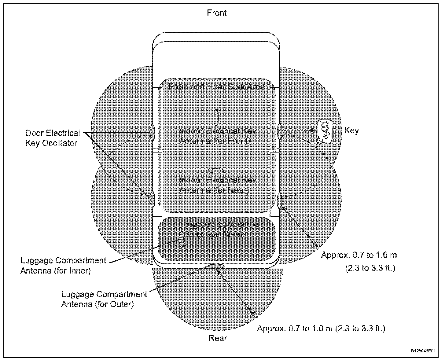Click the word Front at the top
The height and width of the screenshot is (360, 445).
tap(217, 13)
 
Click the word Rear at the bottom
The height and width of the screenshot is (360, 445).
tap(218, 338)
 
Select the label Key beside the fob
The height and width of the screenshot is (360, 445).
tap(351, 131)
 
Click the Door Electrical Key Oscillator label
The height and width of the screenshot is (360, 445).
tap(52, 138)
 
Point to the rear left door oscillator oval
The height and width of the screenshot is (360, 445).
tap(152, 200)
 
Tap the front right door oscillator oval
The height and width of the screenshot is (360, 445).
tap(279, 132)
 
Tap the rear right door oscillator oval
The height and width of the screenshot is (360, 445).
tap(279, 200)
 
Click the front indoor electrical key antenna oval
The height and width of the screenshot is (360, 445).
tap(216, 117)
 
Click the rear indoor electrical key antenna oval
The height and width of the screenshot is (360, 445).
tap(216, 170)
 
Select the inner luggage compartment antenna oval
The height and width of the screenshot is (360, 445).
tap(181, 239)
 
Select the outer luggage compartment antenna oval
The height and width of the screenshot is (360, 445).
tap(216, 266)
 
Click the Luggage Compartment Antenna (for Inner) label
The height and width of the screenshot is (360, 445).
tap(63, 266)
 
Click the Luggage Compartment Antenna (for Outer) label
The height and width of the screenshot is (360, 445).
tap(104, 299)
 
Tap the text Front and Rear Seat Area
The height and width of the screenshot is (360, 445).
tap(217, 86)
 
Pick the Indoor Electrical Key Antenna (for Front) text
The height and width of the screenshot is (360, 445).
tap(218, 136)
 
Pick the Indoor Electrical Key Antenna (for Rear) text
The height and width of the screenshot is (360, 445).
tap(218, 185)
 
